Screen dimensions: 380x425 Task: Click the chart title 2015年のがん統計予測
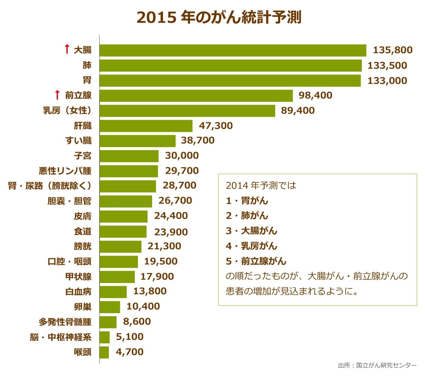tap(219, 18)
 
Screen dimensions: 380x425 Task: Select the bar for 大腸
tap(233, 50)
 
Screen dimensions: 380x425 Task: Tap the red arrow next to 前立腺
tap(57, 95)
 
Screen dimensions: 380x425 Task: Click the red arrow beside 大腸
tap(67, 50)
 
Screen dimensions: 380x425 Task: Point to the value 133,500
tap(387, 65)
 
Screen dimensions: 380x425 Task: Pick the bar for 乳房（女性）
tap(187, 111)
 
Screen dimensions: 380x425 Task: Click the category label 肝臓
tap(83, 126)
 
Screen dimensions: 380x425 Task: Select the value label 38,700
tap(198, 140)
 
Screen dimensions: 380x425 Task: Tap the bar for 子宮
tap(129, 156)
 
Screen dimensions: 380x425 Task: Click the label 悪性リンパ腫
tap(65, 171)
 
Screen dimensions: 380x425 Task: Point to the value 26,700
tap(175, 201)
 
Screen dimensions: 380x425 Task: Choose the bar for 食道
tap(123, 232)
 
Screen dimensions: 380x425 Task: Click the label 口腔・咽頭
tap(70, 261)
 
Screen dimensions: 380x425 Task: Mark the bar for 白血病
tap(113, 292)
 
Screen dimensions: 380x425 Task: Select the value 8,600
tap(137, 322)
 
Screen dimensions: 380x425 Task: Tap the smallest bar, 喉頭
tap(104, 352)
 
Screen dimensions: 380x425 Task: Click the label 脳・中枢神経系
tap(61, 337)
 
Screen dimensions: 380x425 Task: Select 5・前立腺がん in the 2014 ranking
tap(256, 261)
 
